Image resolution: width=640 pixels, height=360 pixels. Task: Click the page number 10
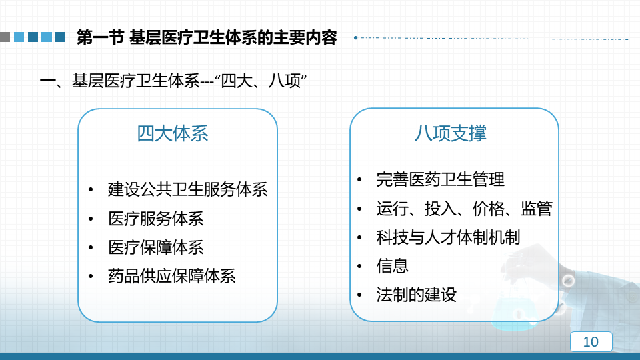pyautogui.click(x=591, y=341)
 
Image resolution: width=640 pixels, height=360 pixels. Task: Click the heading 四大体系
pyautogui.click(x=172, y=133)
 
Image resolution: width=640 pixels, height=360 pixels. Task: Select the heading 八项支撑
pyautogui.click(x=450, y=133)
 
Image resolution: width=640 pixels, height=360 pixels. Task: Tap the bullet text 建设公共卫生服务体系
pyautogui.click(x=188, y=189)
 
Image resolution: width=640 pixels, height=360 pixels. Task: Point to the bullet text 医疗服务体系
pyautogui.click(x=156, y=219)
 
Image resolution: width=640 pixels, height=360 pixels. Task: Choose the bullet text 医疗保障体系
pyautogui.click(x=156, y=247)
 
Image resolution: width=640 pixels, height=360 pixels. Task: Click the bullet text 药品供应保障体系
pyautogui.click(x=172, y=276)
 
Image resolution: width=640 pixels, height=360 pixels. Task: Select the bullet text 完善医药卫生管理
pyautogui.click(x=441, y=179)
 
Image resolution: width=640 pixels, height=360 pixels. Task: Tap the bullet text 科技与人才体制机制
pyautogui.click(x=448, y=237)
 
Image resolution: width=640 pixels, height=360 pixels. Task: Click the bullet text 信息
pyautogui.click(x=392, y=266)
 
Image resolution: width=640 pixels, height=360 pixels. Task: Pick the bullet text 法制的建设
pyautogui.click(x=416, y=294)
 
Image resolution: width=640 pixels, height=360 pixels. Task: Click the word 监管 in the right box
pyautogui.click(x=536, y=208)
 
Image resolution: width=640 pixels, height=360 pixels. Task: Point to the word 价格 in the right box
pyautogui.click(x=488, y=208)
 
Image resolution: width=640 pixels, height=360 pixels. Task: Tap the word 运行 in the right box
pyautogui.click(x=392, y=208)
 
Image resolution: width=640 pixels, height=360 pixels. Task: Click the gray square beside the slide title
pyautogui.click(x=5, y=37)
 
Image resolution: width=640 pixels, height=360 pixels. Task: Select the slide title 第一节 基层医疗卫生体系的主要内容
pyautogui.click(x=207, y=37)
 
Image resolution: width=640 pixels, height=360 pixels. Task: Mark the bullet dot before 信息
pyautogui.click(x=359, y=266)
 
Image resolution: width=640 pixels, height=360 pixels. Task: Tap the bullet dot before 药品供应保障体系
pyautogui.click(x=91, y=276)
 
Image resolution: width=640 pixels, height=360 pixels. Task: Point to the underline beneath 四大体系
pyautogui.click(x=169, y=155)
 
